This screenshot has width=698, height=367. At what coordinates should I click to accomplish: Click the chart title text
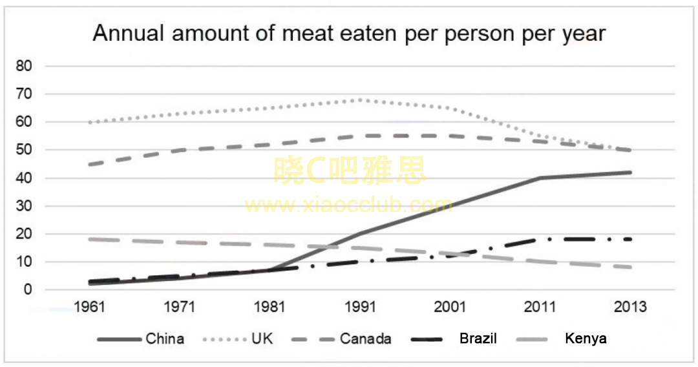click(x=349, y=34)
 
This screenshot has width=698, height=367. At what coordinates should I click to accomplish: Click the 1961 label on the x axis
click(x=89, y=306)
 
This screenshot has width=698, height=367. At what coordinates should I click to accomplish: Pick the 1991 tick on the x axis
click(x=361, y=306)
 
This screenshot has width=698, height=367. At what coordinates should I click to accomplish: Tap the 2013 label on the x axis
click(x=631, y=306)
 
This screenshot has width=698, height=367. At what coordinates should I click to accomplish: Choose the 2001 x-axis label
click(x=450, y=306)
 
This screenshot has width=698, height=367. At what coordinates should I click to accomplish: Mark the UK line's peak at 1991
click(x=361, y=100)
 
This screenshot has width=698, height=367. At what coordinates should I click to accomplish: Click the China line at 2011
click(x=541, y=178)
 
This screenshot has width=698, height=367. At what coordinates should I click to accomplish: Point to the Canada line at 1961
click(x=90, y=164)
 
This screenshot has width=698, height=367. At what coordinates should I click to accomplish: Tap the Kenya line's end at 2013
click(x=630, y=267)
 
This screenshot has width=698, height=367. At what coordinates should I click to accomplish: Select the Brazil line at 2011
click(x=541, y=239)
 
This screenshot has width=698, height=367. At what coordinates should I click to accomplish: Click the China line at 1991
click(x=361, y=233)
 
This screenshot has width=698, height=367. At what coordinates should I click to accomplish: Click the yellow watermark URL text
click(x=349, y=205)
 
